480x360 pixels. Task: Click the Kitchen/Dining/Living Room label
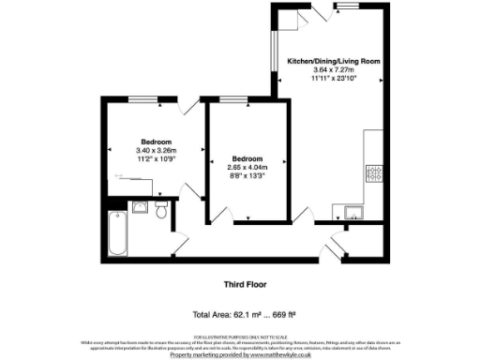point(333,60)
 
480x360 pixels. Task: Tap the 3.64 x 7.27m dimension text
point(333,68)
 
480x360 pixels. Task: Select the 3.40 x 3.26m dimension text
point(156,150)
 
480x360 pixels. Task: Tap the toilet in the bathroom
point(161,211)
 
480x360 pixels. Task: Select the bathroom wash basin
point(141,207)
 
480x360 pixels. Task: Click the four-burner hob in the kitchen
point(373,172)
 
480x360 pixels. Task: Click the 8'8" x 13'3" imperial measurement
point(248,175)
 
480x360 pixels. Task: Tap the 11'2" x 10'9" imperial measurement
point(156,158)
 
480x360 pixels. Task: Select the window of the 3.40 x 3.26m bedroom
point(142,98)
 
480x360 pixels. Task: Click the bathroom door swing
point(180,247)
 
